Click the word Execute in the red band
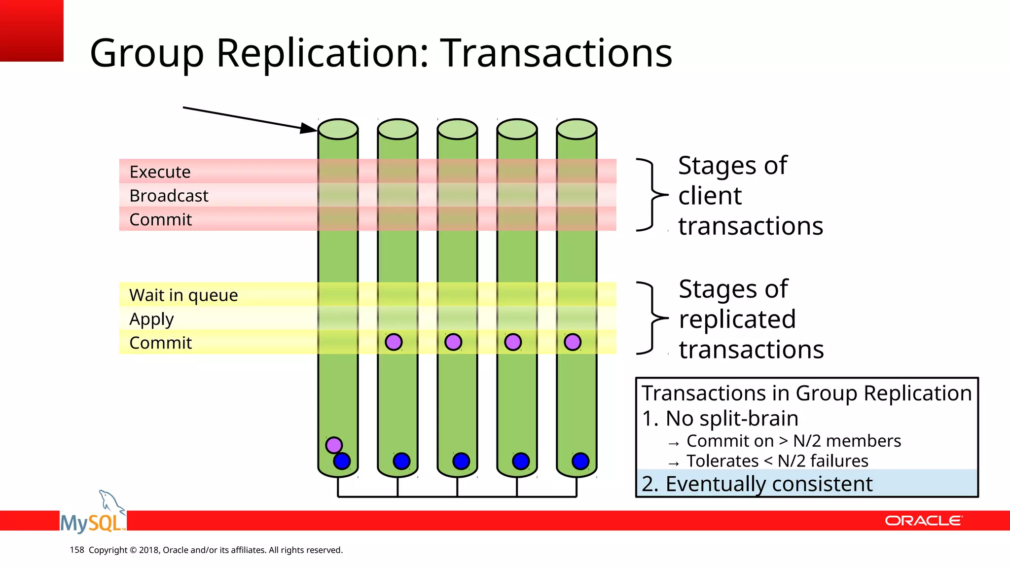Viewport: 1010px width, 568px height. coord(160,172)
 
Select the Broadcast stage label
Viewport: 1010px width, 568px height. coord(169,196)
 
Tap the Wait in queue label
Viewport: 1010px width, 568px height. coord(183,295)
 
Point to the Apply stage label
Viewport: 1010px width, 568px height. coord(151,319)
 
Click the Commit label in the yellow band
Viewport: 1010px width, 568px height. coord(160,343)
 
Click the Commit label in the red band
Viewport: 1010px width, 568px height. coord(160,219)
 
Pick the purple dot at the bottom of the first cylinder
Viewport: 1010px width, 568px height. coord(334,445)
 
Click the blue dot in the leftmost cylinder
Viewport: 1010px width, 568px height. coord(342,461)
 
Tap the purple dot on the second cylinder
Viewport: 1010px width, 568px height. coord(394,342)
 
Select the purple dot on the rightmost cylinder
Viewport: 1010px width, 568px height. coord(573,342)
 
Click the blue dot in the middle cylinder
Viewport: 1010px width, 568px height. coord(461,461)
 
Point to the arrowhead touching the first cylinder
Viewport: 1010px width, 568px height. coord(310,129)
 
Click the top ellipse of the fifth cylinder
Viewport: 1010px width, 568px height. coord(577,129)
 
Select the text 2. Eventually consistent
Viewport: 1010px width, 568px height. coord(757,484)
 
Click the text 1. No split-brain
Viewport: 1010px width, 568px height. coord(720,419)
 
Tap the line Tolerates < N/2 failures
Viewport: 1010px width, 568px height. coord(777,461)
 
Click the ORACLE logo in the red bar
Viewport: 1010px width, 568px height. coord(923,521)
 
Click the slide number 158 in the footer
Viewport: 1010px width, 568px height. coord(77,550)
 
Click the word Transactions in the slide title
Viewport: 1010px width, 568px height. coord(556,53)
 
